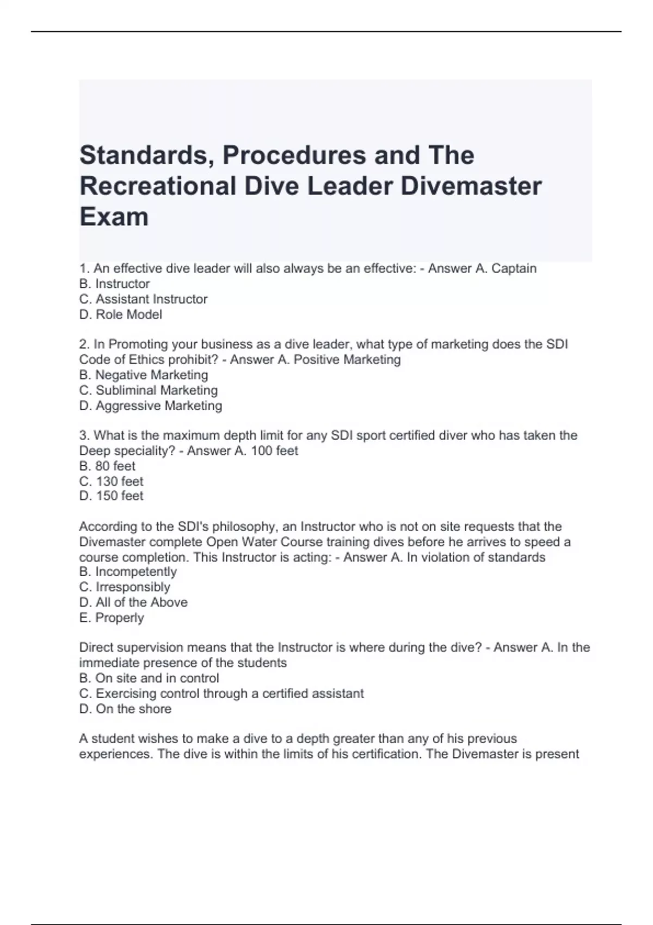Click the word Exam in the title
coord(114,217)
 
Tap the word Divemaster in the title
coord(471,186)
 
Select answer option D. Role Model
coord(121,314)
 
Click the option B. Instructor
coord(114,283)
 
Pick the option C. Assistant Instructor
coord(143,299)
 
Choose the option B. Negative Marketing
coord(144,375)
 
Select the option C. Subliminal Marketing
coord(149,390)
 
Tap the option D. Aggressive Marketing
coord(151,405)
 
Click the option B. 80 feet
coord(107,466)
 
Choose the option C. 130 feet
coord(111,481)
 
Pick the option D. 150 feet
coord(111,496)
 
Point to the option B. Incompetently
coord(128,571)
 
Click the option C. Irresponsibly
coord(125,587)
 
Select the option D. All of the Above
coord(133,602)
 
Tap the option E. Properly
coord(112,618)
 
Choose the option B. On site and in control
coord(149,678)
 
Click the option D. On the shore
coord(125,708)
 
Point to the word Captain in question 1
coord(514,268)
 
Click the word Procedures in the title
coord(294,156)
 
